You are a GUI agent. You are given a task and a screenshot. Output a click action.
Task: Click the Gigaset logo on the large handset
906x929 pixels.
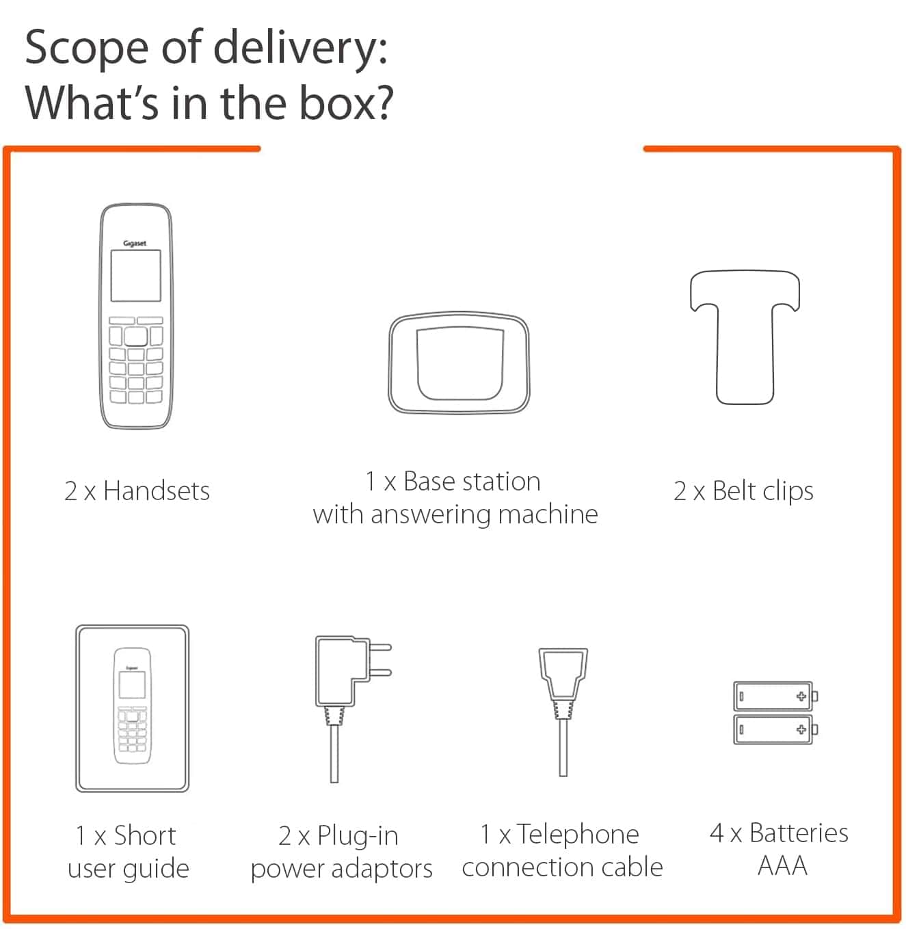pyautogui.click(x=135, y=244)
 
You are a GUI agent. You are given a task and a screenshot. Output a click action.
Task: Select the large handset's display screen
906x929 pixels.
pyautogui.click(x=136, y=276)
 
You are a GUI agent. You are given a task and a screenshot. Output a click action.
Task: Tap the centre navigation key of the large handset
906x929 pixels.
pyautogui.click(x=136, y=337)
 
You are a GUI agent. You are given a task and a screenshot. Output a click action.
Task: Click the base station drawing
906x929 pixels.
pyautogui.click(x=459, y=363)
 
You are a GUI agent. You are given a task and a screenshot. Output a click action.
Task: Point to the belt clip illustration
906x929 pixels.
pyautogui.click(x=745, y=337)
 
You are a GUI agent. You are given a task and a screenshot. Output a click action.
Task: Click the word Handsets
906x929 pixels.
pyautogui.click(x=157, y=490)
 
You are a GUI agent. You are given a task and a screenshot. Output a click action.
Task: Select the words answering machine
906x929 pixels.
pyautogui.click(x=484, y=515)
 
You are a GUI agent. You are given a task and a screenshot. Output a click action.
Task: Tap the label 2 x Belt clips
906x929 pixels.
pyautogui.click(x=743, y=491)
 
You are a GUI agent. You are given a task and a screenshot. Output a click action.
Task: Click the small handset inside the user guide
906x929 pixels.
pyautogui.click(x=132, y=705)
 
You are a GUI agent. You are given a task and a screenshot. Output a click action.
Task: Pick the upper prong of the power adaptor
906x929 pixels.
pyautogui.click(x=379, y=647)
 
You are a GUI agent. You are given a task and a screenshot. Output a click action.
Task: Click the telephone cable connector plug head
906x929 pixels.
pyautogui.click(x=563, y=674)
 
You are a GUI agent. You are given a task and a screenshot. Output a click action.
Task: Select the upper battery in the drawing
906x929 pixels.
pyautogui.click(x=775, y=696)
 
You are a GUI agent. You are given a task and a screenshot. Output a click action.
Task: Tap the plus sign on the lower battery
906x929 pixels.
pyautogui.click(x=801, y=729)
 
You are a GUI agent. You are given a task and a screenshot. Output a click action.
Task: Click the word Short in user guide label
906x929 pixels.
pyautogui.click(x=144, y=835)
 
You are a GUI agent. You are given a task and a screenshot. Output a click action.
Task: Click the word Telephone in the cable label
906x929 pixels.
pyautogui.click(x=578, y=835)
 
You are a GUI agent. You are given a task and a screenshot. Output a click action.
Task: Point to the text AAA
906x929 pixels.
pyautogui.click(x=782, y=865)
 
